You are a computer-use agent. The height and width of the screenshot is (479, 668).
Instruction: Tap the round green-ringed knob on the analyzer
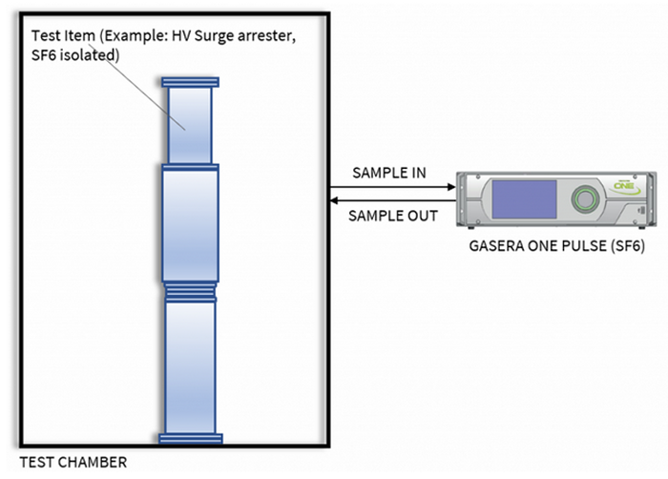pyautogui.click(x=582, y=198)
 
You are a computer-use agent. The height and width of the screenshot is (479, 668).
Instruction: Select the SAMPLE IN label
pyautogui.click(x=389, y=174)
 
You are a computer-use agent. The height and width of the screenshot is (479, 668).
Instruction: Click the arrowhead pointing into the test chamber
pyautogui.click(x=335, y=201)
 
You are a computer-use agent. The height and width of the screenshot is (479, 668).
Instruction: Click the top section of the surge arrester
pyautogui.click(x=193, y=125)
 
